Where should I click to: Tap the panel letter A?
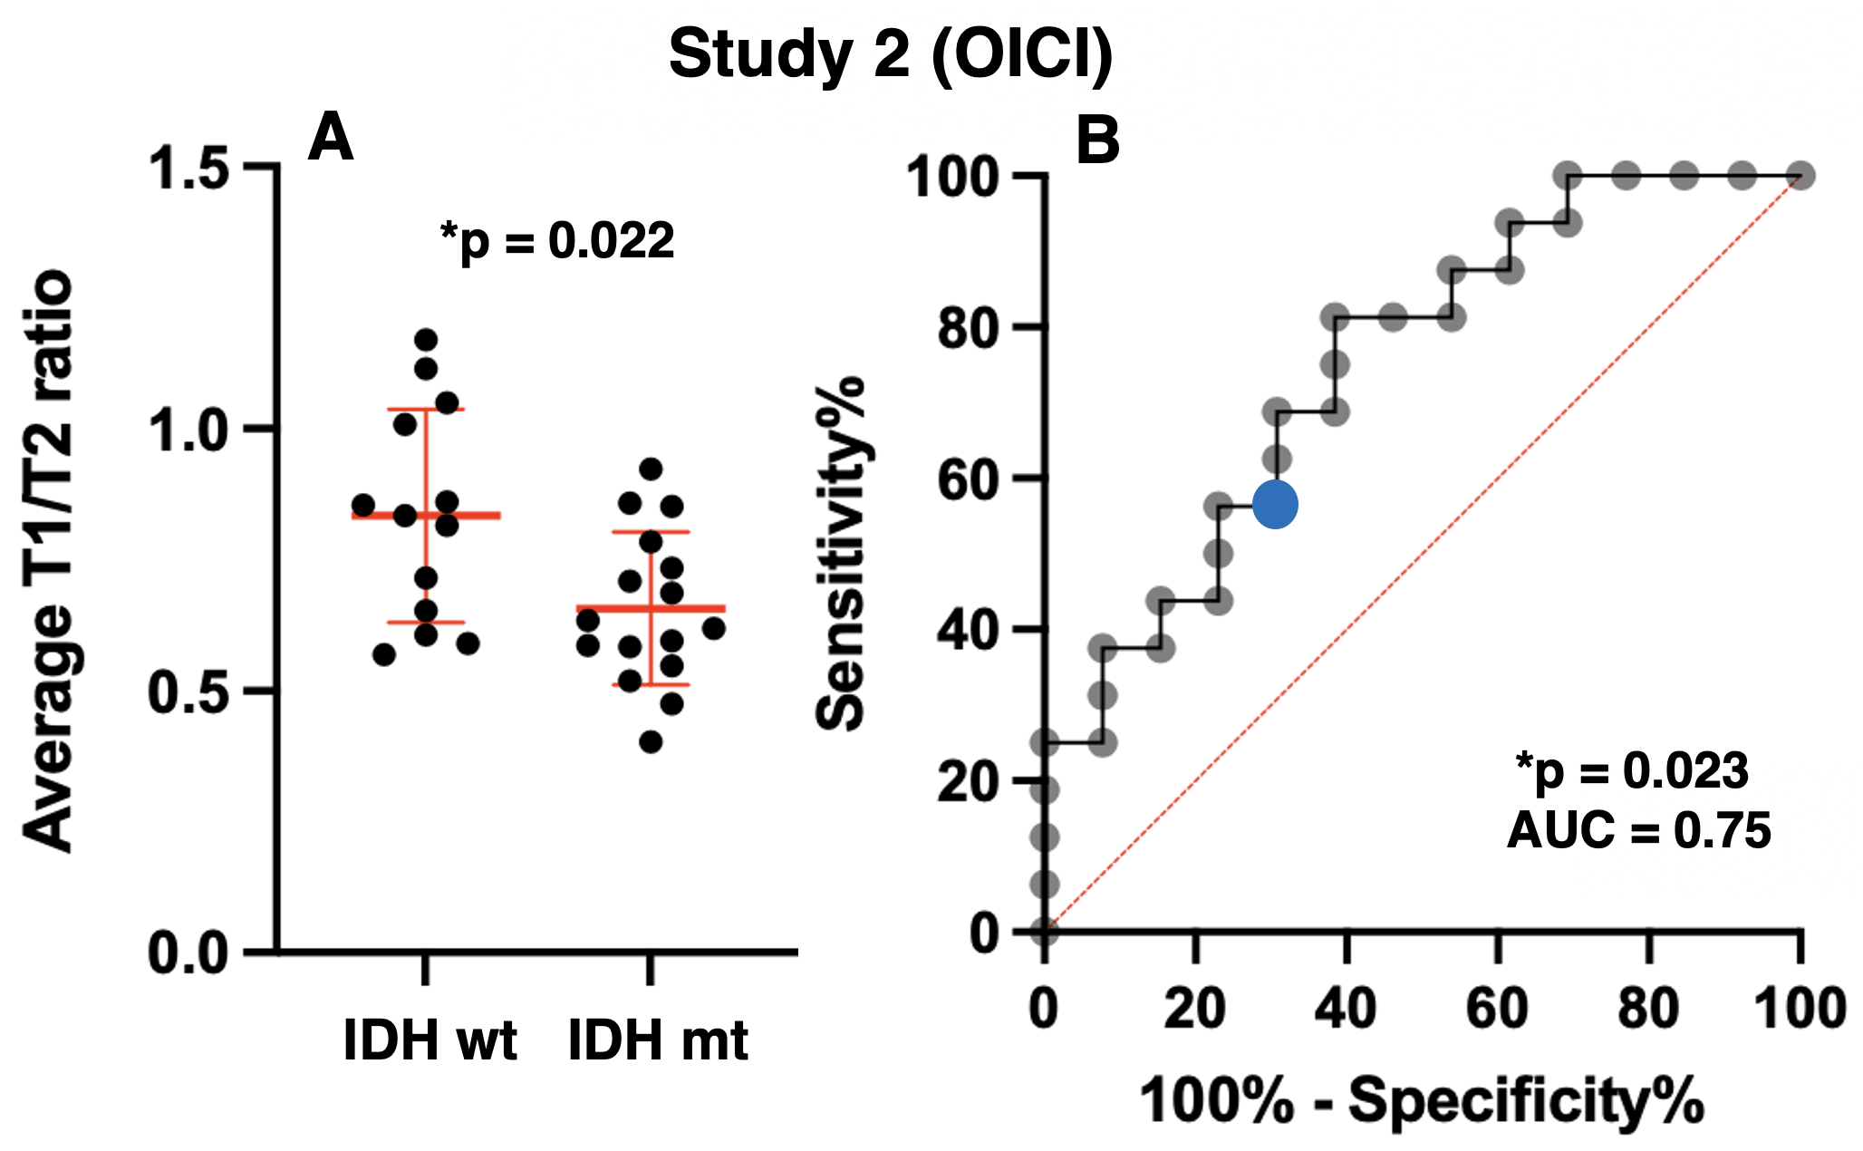point(330,139)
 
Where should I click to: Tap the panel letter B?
point(1097,141)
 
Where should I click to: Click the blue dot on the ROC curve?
point(1275,505)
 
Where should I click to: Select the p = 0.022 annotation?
point(557,241)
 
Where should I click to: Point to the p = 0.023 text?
point(1632,771)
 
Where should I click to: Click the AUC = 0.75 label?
point(1638,830)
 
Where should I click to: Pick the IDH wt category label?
point(430,1040)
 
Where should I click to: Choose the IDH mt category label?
point(658,1040)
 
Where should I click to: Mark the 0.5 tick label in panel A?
point(188,692)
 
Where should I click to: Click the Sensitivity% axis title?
point(839,553)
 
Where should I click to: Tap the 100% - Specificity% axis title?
point(1421,1101)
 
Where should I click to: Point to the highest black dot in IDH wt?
point(426,341)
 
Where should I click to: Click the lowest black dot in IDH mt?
point(651,742)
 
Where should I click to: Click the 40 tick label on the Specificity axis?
point(1346,1008)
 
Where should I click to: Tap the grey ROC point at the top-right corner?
point(1800,176)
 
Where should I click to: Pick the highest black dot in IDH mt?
point(651,469)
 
